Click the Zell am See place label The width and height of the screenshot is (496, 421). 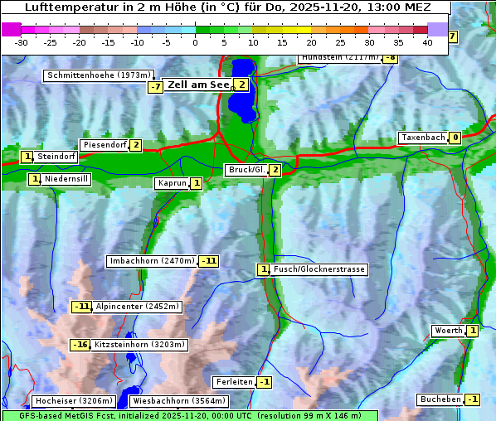(198, 85)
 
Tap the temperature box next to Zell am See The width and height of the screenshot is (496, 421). (241, 85)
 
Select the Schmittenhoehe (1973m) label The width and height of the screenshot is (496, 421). (100, 75)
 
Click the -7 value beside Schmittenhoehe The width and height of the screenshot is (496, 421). (155, 87)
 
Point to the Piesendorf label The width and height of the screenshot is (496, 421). (105, 145)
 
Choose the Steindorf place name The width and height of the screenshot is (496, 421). (56, 157)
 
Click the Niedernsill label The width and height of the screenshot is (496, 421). (66, 178)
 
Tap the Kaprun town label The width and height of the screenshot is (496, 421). (172, 183)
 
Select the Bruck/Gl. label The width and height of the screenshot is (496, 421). (246, 170)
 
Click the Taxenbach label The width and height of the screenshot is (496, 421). (423, 138)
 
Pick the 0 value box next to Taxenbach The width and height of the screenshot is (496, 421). (455, 138)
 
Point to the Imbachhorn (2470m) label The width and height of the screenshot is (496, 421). (153, 261)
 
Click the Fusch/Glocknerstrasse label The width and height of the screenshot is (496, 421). (319, 269)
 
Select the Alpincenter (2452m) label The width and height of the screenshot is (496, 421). (137, 307)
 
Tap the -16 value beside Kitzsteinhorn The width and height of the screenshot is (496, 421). (80, 345)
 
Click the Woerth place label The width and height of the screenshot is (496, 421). (448, 331)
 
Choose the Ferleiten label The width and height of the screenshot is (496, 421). (233, 382)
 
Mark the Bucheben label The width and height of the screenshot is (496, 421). (440, 399)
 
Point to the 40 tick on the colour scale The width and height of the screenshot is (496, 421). (427, 42)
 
